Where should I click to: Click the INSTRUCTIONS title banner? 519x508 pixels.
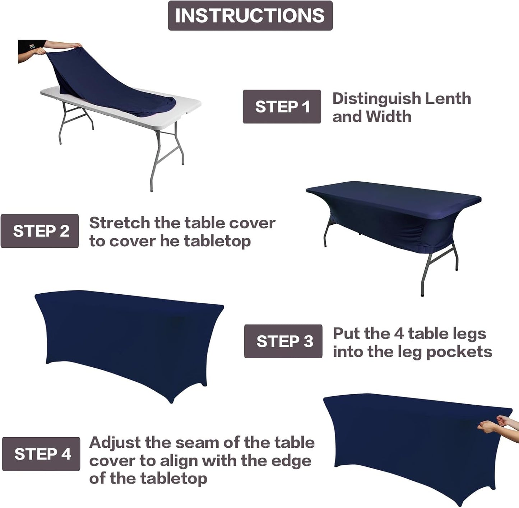point(250,15)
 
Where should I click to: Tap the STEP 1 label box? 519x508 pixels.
point(282,107)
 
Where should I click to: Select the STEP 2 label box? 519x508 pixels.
point(40,231)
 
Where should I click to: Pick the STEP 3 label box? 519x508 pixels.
point(283,341)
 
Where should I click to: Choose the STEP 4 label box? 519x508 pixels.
point(41,454)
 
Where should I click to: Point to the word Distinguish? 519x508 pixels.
point(376,99)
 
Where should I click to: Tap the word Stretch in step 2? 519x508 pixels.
point(119,223)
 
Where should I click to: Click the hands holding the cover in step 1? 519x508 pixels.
point(72,46)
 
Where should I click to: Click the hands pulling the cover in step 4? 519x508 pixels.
point(496,424)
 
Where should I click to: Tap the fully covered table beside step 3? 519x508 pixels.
point(129,341)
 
